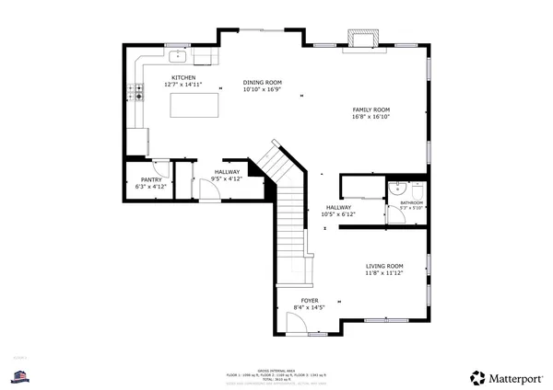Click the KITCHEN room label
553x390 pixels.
(180, 77)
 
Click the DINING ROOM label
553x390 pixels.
(262, 83)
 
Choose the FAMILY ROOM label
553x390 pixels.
(371, 109)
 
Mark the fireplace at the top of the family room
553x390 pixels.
(361, 40)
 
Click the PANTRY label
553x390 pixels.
(151, 179)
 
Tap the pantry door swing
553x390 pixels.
(160, 168)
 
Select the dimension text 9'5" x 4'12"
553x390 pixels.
(227, 178)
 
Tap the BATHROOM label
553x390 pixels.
(410, 202)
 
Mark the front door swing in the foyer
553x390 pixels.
(298, 322)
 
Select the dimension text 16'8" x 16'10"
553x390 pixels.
(371, 117)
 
